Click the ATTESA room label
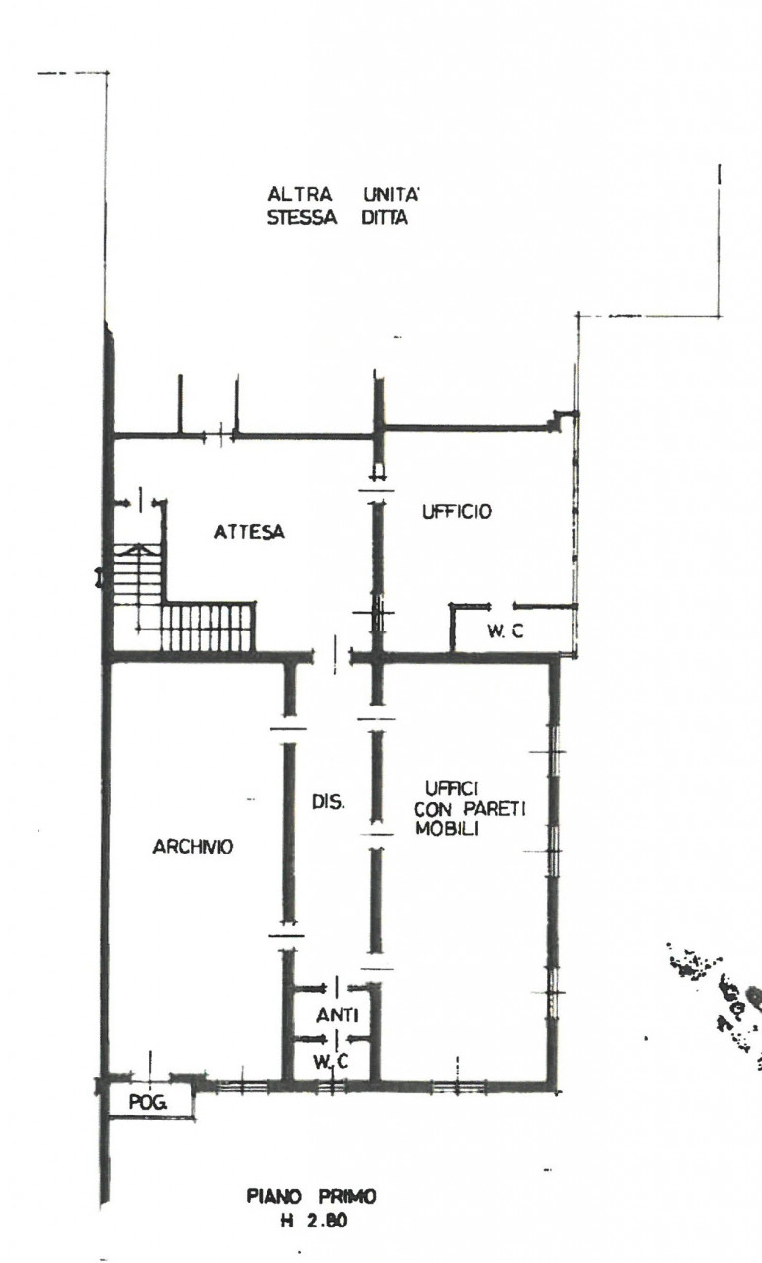tap(250, 532)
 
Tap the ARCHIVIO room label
tap(192, 847)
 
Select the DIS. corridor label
tap(329, 802)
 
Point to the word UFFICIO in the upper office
tap(457, 511)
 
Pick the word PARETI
tap(495, 809)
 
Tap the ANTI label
tap(338, 1015)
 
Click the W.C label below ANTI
tap(331, 1061)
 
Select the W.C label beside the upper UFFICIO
tap(505, 631)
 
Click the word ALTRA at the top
tap(299, 195)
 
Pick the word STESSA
tap(302, 218)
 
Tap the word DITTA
tap(384, 218)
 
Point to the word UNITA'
tap(392, 195)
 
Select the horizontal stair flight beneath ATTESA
tap(207, 627)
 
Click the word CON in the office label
tap(432, 809)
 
